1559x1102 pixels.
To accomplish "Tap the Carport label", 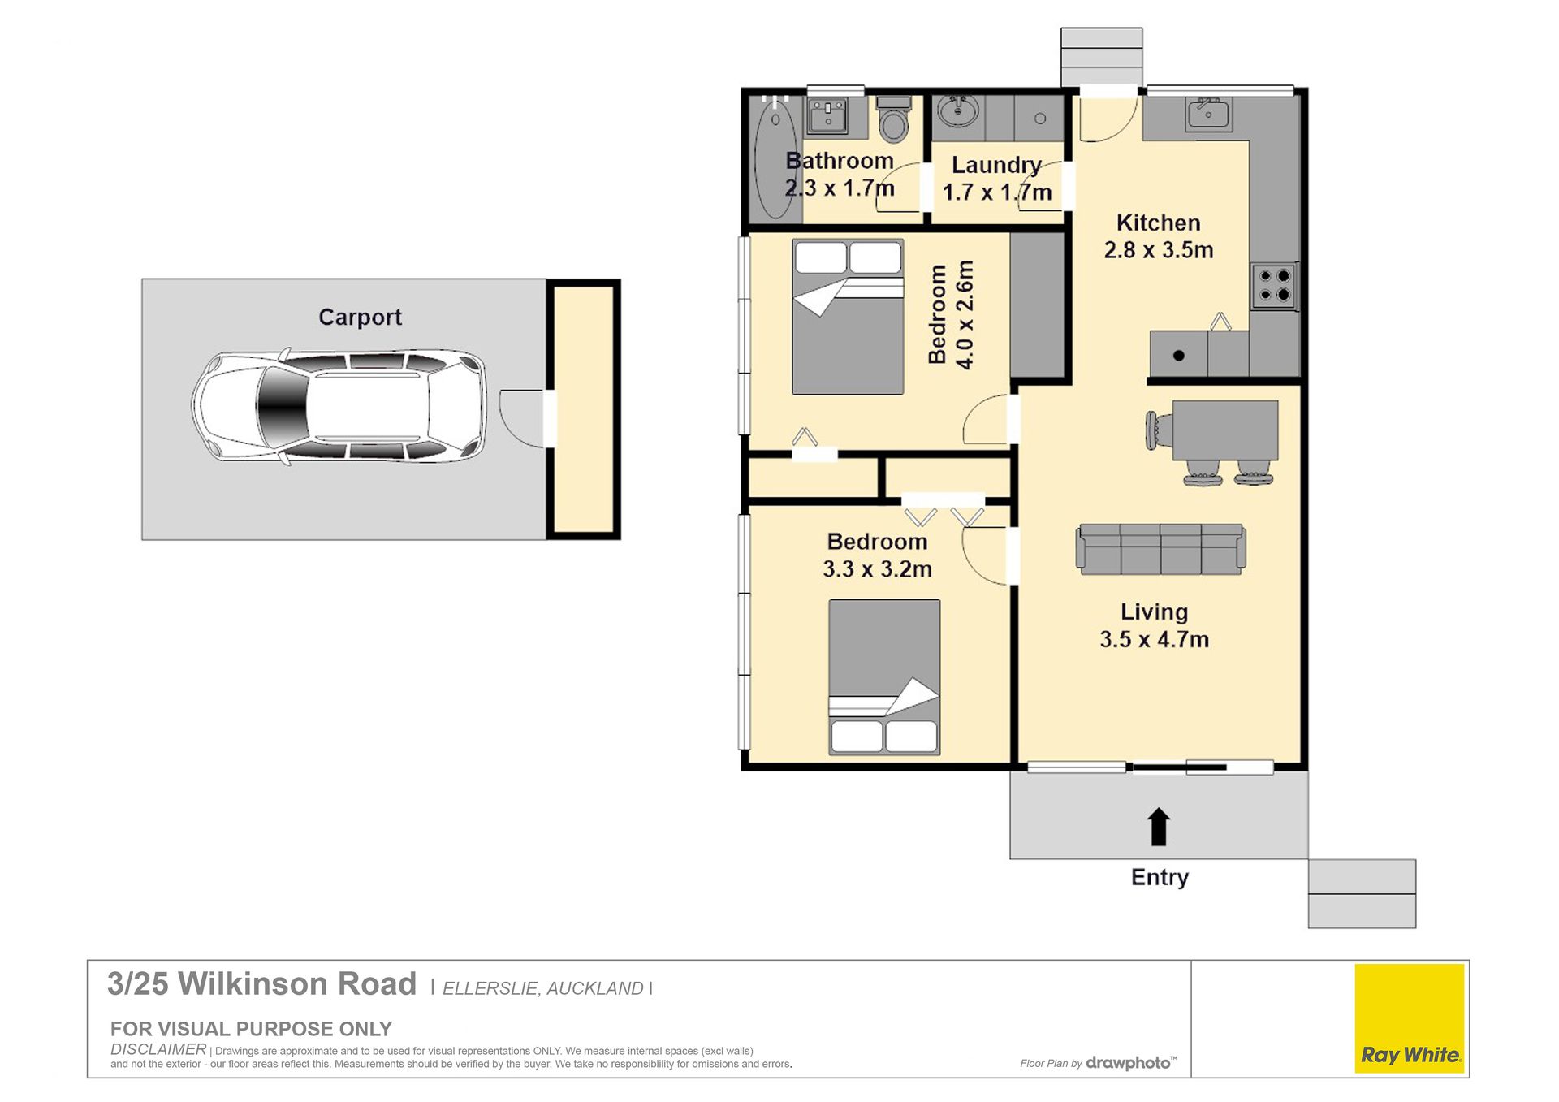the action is coord(360,317).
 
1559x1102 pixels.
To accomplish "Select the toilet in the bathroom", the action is coord(894,118).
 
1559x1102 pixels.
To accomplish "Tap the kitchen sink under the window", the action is coord(1209,114).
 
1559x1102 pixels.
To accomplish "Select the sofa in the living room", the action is coord(1160,549).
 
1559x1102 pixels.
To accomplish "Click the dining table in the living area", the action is coord(1224,430).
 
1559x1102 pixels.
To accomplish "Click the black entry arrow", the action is coord(1159,826).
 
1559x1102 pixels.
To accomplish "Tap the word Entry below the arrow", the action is coord(1160,877).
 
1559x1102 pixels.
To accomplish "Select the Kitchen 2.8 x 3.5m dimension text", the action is coord(1159,236).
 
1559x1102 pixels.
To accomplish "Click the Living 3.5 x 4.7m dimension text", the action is coord(1154,625).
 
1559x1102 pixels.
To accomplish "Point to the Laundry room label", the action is coord(996,165).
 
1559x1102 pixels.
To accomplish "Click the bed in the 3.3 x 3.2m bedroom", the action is coord(884,677).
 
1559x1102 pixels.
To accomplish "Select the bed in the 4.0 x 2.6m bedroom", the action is coord(848,317).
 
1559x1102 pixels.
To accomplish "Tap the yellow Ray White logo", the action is coord(1410,1018).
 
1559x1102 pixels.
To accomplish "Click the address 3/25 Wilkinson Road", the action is coord(261,984).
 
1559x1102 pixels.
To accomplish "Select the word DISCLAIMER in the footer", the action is coord(158,1049).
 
